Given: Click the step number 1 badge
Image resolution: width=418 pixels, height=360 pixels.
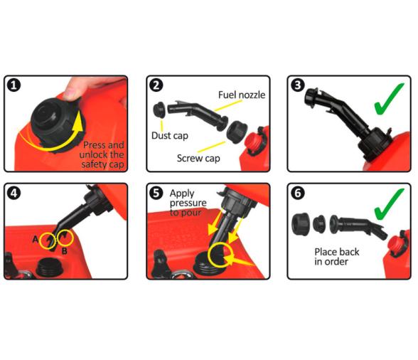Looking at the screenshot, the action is point(14,85).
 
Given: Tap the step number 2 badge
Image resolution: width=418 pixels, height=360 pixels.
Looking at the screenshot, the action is point(156,85).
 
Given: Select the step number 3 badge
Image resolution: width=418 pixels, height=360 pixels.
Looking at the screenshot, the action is point(298,85).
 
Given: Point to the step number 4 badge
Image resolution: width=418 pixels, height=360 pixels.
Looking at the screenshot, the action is point(14,193).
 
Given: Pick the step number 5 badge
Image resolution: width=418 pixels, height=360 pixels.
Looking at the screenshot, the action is point(156,193).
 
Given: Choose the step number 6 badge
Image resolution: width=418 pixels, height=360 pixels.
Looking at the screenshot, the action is point(298,193).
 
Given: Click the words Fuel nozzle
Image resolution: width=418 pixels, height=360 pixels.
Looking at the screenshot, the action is point(242,95).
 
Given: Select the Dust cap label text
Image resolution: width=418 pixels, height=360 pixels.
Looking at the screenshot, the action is point(170,136).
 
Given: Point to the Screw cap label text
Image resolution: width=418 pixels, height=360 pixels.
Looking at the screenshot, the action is point(198,158).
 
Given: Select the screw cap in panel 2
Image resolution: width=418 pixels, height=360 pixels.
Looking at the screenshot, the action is point(237,132).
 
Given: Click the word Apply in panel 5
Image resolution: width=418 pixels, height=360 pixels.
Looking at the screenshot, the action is point(182,194).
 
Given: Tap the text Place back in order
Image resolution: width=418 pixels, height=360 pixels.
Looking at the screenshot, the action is point(337,256).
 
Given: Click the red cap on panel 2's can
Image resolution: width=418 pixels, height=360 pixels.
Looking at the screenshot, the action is point(254,144).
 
